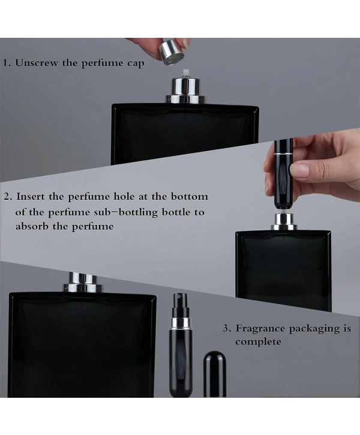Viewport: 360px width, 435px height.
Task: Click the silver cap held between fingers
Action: click(172, 52)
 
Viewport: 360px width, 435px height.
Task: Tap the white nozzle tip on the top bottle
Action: click(185, 74)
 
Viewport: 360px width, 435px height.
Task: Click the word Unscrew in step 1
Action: click(37, 62)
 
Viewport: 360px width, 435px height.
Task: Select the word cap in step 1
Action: click(136, 63)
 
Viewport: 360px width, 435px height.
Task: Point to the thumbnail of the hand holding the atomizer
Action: click(300, 170)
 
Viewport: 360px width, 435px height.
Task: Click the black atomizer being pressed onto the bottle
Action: click(283, 175)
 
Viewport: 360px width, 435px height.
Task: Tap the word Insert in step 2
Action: click(31, 196)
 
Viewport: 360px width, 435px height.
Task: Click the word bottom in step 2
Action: click(189, 196)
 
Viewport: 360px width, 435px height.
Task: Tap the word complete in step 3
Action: click(258, 342)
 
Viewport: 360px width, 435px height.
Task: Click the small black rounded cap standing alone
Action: click(215, 374)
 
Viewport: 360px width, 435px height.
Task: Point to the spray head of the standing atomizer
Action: click(180, 305)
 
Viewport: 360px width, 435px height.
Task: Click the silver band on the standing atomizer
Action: click(181, 323)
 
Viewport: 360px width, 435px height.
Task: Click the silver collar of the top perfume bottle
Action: click(185, 91)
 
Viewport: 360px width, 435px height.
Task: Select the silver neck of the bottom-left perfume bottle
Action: click(82, 283)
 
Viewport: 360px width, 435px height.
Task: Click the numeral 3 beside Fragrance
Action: click(226, 328)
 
